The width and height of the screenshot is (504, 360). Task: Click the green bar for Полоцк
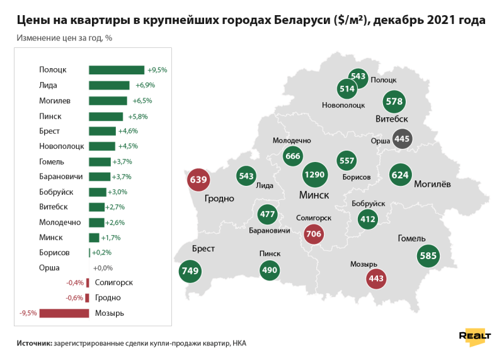pyautogui.click(x=117, y=70)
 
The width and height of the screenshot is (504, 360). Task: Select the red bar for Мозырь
pyautogui.click(x=64, y=313)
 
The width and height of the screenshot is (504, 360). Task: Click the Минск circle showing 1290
pyautogui.click(x=314, y=173)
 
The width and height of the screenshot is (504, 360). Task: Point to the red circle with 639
pyautogui.click(x=198, y=180)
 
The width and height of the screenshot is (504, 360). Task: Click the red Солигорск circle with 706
pyautogui.click(x=313, y=235)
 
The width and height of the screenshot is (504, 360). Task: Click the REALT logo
pyautogui.click(x=475, y=336)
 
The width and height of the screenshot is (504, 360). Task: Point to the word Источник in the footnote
pyautogui.click(x=34, y=344)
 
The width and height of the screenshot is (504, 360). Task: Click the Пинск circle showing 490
pyautogui.click(x=269, y=270)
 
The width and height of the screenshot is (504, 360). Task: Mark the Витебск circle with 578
pyautogui.click(x=394, y=101)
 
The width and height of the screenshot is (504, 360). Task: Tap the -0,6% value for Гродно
pyautogui.click(x=75, y=298)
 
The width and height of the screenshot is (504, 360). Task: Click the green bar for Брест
pyautogui.click(x=102, y=131)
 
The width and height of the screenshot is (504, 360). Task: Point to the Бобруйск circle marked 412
pyautogui.click(x=367, y=219)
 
